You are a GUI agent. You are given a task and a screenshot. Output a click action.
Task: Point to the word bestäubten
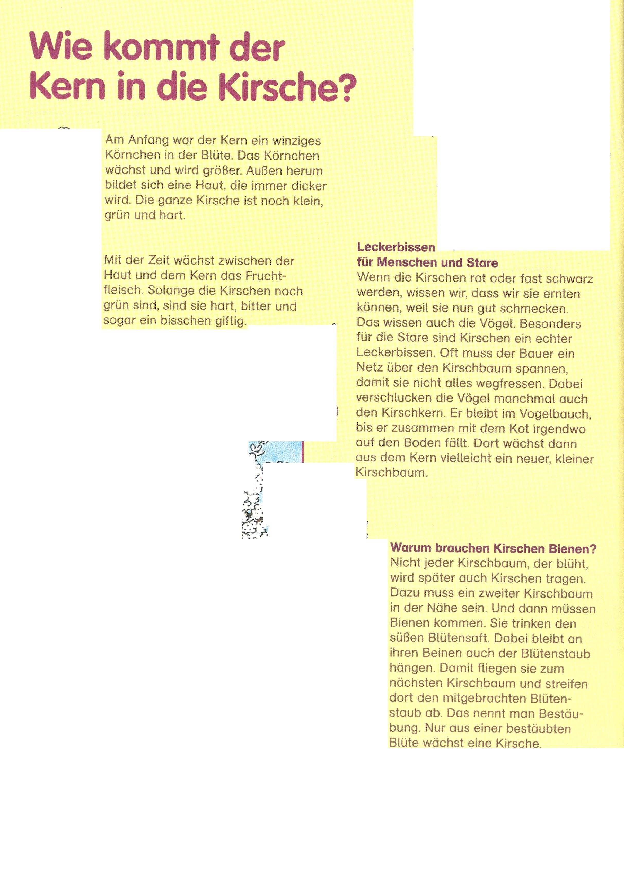tap(538, 729)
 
